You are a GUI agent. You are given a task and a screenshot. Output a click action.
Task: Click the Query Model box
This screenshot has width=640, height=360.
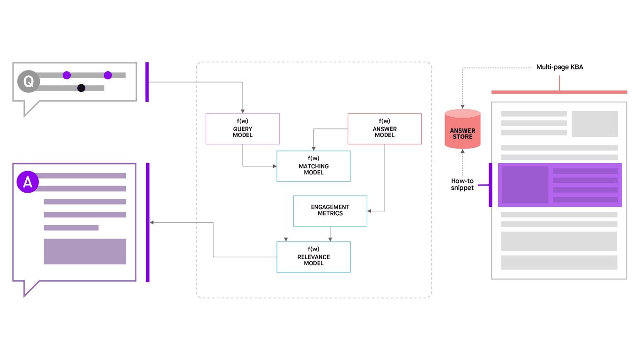pos(243,128)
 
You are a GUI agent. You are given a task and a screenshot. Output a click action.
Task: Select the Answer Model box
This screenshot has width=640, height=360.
pos(384,128)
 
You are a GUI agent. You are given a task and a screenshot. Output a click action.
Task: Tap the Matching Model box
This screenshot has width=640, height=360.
pos(313,166)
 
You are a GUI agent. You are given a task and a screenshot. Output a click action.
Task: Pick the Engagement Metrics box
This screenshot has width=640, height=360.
pos(330,210)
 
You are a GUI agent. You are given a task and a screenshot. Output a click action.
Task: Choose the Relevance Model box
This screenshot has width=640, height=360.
pos(313,257)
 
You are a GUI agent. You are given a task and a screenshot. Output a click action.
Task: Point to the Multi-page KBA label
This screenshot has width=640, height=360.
pos(559,67)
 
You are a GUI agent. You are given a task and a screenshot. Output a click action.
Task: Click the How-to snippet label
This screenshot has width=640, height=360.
pos(462,184)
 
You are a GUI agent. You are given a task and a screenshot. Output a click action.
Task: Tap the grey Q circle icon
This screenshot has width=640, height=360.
pos(28,82)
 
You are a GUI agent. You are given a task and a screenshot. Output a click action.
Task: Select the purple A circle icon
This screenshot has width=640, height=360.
pos(28,182)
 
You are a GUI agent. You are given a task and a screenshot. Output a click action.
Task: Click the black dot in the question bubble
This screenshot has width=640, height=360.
pos(81,88)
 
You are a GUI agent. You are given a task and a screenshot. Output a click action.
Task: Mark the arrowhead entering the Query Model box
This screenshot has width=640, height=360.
pos(243,111)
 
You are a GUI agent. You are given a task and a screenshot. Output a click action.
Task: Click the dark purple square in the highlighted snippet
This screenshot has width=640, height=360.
pos(525,185)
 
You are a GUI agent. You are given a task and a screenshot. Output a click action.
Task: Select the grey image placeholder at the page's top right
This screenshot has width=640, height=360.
pos(594,124)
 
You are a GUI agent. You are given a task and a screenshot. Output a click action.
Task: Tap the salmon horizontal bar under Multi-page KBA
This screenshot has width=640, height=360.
pos(559,92)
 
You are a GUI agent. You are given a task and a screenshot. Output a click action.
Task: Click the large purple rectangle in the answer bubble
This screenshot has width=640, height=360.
pos(85,251)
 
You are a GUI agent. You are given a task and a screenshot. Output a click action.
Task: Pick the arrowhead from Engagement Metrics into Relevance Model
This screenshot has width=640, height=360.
pos(330,239)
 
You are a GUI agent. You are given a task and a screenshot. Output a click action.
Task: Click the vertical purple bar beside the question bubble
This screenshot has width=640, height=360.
pos(147,82)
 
